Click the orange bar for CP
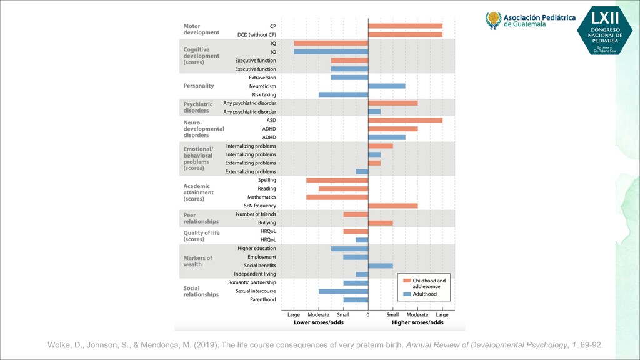click(x=405, y=26)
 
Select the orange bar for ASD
click(x=405, y=120)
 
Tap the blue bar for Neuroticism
click(x=386, y=86)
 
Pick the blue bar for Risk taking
click(x=343, y=94)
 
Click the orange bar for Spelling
click(x=337, y=180)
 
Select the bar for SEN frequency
click(x=392, y=206)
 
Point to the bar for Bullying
click(x=380, y=223)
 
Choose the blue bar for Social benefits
click(x=380, y=266)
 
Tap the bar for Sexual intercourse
click(x=343, y=291)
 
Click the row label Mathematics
click(x=261, y=197)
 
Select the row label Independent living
click(x=254, y=274)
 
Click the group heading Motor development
click(x=201, y=29)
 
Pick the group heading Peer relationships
click(x=201, y=218)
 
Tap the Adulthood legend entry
click(x=424, y=294)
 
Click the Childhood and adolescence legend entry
click(x=429, y=284)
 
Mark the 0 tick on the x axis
click(x=368, y=316)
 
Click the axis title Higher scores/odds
click(x=417, y=323)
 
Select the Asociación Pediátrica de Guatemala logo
click(x=531, y=21)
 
